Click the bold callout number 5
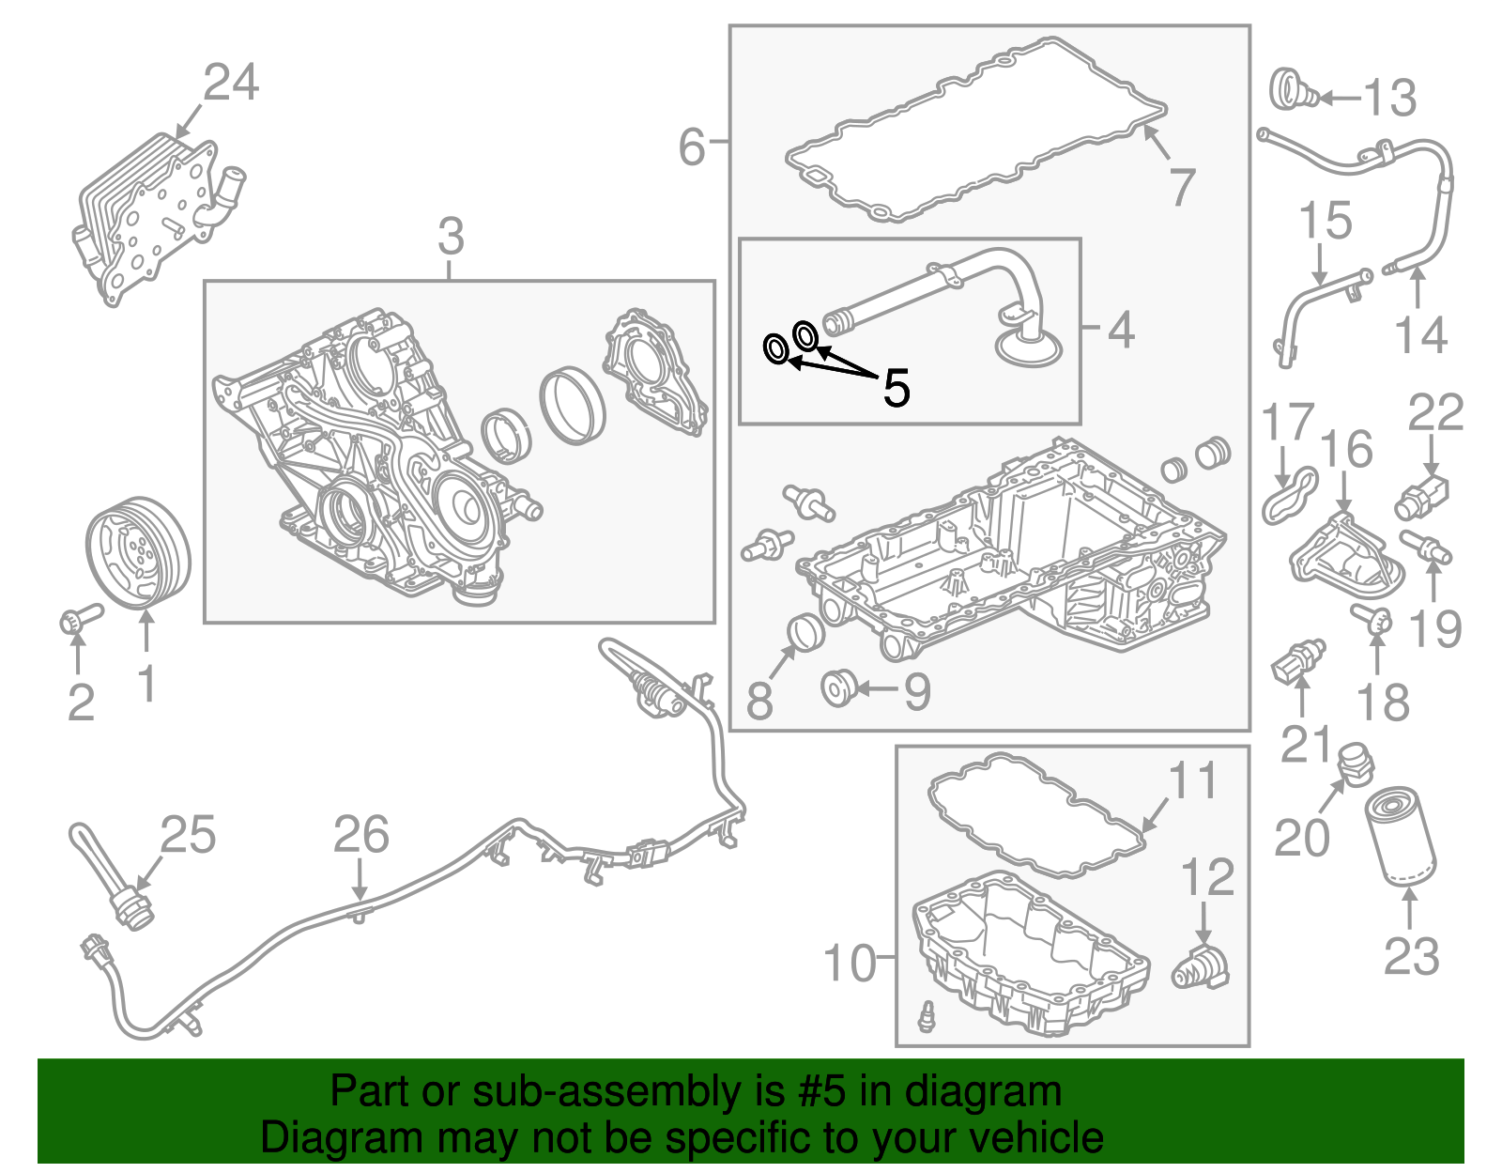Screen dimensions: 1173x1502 [x=897, y=388]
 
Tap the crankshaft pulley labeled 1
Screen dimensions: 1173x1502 [x=138, y=552]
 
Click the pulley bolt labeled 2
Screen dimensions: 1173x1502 [x=79, y=619]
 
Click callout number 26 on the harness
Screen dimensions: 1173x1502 [x=361, y=835]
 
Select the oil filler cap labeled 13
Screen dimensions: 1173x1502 [x=1293, y=91]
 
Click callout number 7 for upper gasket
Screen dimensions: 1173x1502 [x=1181, y=187]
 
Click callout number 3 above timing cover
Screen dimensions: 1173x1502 [x=451, y=237]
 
